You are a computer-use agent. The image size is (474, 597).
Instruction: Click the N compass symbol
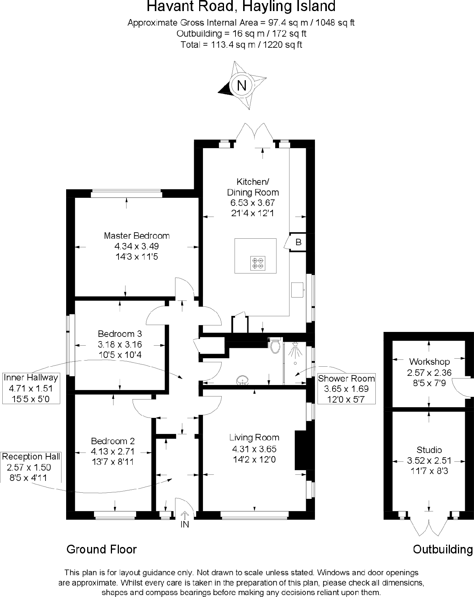point(241,85)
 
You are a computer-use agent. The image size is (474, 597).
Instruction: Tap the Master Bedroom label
point(136,236)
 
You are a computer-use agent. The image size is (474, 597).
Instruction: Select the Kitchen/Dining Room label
point(253,187)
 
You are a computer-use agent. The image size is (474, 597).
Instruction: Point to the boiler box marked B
point(298,242)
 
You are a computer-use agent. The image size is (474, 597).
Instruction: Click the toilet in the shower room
point(274,346)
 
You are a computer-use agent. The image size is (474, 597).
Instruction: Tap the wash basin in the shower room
point(242,380)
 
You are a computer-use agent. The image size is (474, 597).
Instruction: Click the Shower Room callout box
point(346,388)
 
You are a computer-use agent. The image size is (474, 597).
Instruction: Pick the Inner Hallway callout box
point(31,388)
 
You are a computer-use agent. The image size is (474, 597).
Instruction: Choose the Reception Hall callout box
point(31,467)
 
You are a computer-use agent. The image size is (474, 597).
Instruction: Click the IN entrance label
point(185,524)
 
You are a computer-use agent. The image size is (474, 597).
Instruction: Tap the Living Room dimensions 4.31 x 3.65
point(254,449)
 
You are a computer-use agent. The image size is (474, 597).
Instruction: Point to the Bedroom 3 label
point(120,333)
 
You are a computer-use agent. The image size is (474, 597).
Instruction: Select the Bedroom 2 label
point(113,441)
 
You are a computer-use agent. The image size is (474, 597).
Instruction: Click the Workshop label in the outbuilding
point(429,361)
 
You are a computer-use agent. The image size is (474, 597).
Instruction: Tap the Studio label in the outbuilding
point(429,450)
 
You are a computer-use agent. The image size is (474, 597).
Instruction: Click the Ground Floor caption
point(101,549)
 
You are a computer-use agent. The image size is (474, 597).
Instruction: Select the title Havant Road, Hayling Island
point(241,6)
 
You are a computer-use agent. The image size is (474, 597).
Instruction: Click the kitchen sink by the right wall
point(297,290)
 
